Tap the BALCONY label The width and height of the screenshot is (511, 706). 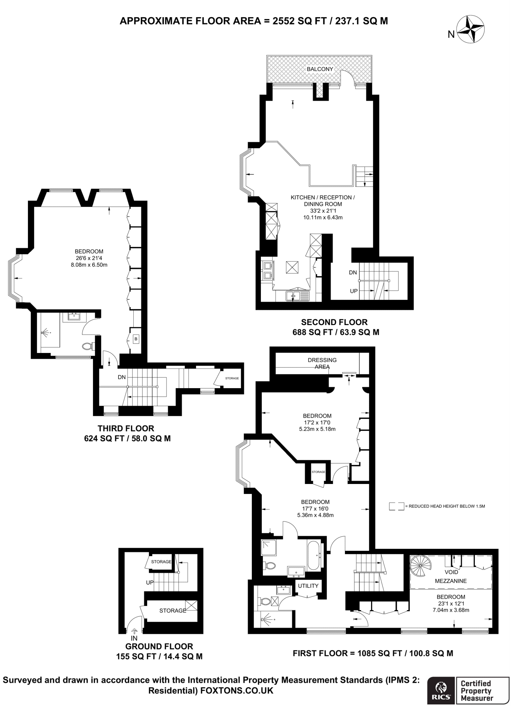tap(320, 69)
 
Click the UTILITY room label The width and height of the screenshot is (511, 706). tap(308, 586)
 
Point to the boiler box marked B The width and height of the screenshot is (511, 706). tap(136, 339)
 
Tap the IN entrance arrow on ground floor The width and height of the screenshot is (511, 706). tap(134, 631)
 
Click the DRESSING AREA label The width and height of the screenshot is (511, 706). tap(322, 363)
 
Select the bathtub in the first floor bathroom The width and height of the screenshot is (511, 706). tap(314, 555)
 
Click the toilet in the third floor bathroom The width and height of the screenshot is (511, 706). tap(88, 346)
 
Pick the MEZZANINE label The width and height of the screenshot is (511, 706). tap(451, 581)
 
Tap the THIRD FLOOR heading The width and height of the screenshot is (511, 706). tap(126, 428)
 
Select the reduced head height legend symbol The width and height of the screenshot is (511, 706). tap(396, 506)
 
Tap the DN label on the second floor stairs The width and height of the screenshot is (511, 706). tap(352, 272)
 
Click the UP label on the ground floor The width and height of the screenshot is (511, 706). tap(150, 582)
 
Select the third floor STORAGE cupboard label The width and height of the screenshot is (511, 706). tap(232, 378)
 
